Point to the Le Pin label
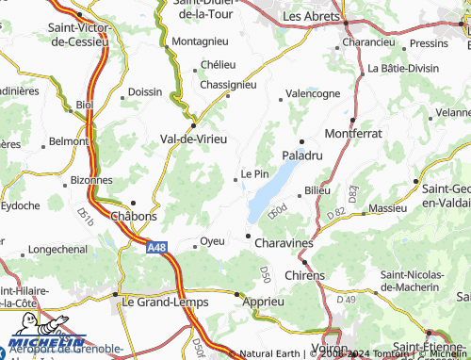255,173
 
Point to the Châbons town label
134,216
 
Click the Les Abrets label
312,16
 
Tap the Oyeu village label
213,241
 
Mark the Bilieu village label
317,191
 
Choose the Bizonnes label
90,179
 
